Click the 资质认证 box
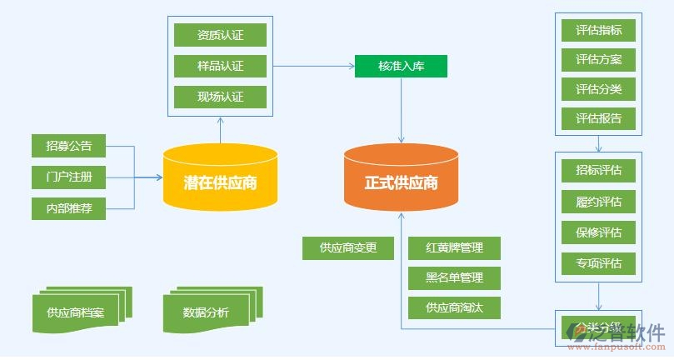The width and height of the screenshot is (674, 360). click(x=221, y=35)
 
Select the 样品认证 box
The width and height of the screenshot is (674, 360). click(x=221, y=66)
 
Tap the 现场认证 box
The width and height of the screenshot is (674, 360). click(x=221, y=97)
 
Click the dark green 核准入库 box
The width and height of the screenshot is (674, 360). click(x=401, y=66)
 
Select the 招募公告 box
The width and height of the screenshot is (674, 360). click(x=69, y=146)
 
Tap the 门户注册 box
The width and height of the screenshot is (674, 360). click(x=69, y=177)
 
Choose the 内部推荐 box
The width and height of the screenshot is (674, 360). click(x=69, y=207)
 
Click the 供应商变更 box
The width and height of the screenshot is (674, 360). click(x=348, y=247)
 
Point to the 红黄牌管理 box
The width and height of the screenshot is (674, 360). click(x=454, y=247)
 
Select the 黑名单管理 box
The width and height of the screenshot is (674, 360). click(x=454, y=277)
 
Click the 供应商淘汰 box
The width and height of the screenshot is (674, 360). click(x=454, y=307)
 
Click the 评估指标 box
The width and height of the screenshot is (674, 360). click(x=598, y=31)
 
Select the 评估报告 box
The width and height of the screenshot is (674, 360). click(x=598, y=117)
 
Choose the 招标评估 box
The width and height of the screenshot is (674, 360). click(x=598, y=171)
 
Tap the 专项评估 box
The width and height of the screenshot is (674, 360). click(x=598, y=263)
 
